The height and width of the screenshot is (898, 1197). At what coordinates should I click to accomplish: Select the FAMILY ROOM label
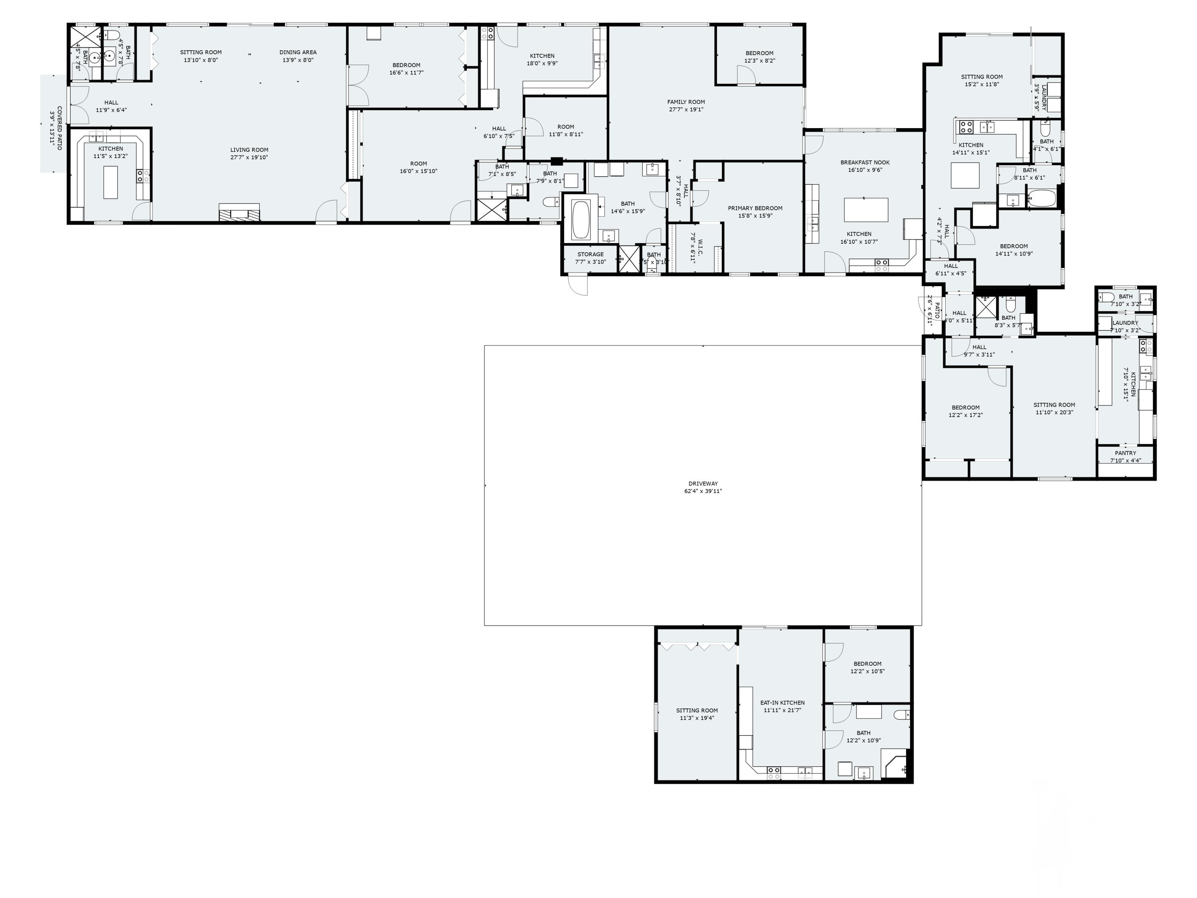[x=685, y=102]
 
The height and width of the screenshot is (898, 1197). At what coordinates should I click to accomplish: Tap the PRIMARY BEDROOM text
[x=755, y=208]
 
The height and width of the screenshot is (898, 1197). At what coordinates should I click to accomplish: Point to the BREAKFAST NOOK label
[x=864, y=162]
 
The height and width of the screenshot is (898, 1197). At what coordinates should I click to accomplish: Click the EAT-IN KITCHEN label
[x=782, y=702]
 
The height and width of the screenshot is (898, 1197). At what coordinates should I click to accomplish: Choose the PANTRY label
[x=1125, y=453]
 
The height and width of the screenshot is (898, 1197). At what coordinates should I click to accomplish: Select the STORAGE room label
[x=590, y=254]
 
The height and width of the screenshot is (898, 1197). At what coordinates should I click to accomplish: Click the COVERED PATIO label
[x=59, y=128]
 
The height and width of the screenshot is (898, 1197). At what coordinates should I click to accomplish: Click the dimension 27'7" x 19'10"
[x=249, y=158]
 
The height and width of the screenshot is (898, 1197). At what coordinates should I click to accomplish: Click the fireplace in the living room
[x=239, y=213]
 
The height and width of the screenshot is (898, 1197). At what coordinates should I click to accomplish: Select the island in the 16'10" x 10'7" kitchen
[x=866, y=210]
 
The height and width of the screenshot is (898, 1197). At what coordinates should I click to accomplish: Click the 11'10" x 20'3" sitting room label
[x=1054, y=405]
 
